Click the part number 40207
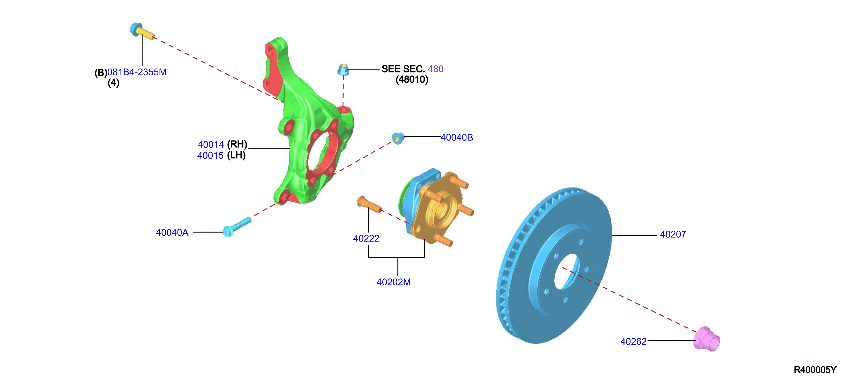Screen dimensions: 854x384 click(x=673, y=234)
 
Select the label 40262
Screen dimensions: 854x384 click(x=633, y=342)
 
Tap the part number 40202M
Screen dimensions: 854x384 click(x=393, y=282)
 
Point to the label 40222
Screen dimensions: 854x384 click(x=366, y=238)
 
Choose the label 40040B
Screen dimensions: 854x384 click(x=457, y=138)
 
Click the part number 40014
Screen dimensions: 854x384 click(x=211, y=145)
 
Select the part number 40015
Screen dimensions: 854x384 click(x=210, y=156)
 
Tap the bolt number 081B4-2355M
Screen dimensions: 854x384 click(x=137, y=72)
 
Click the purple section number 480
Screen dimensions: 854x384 click(x=436, y=69)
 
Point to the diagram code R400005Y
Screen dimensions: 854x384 click(x=815, y=370)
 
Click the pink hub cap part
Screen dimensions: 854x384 click(x=707, y=339)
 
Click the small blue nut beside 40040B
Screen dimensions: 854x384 click(x=398, y=138)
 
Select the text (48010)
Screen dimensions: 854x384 click(x=412, y=80)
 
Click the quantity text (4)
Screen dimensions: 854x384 click(x=113, y=83)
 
